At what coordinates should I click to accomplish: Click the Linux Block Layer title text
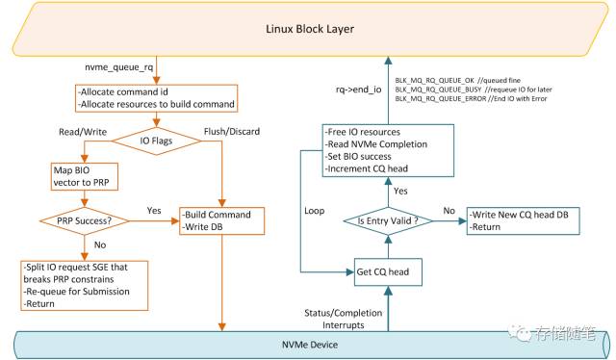click(x=310, y=29)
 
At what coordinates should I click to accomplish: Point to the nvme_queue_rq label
click(x=118, y=68)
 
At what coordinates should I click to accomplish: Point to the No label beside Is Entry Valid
click(x=449, y=209)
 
